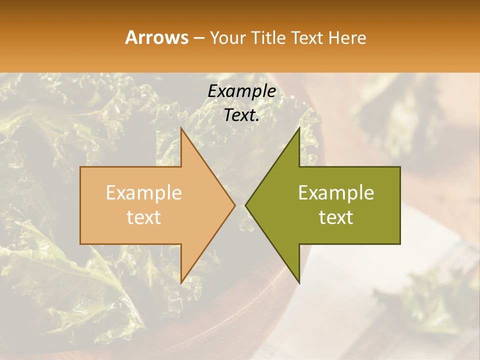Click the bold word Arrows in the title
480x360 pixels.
pos(157,37)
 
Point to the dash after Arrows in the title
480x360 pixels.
pos(198,38)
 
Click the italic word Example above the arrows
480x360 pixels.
pos(241,91)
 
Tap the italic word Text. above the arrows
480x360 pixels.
pos(241,115)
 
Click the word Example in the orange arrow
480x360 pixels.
pos(144,193)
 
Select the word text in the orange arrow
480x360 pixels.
pos(144,217)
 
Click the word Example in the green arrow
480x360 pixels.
pos(336,193)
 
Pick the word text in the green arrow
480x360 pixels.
pos(336,217)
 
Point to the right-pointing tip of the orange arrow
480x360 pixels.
pos(234,205)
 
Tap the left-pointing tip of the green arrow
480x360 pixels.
pos(245,205)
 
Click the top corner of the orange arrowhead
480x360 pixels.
pos(181,128)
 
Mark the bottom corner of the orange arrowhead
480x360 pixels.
pos(181,282)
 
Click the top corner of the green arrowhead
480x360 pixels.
pos(299,128)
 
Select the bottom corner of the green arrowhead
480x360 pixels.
pos(299,282)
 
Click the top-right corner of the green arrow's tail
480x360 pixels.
pos(400,167)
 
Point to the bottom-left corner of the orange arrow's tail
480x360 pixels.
pos(80,243)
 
